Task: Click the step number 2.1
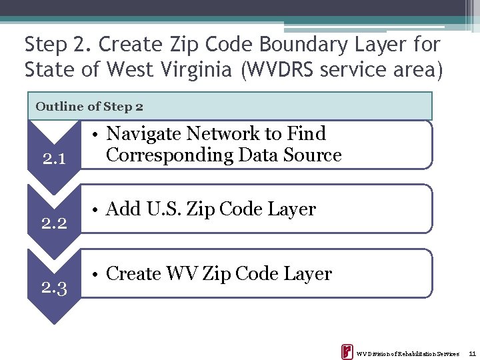coord(53,159)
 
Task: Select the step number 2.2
coord(53,223)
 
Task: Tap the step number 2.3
coord(53,288)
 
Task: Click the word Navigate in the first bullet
coord(144,134)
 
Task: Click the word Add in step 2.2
coord(121,209)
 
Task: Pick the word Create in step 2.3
coord(133,274)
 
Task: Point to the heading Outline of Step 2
coord(89,106)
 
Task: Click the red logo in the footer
coord(347,352)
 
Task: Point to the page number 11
coord(472,353)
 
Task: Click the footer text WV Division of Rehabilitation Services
coord(407,353)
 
